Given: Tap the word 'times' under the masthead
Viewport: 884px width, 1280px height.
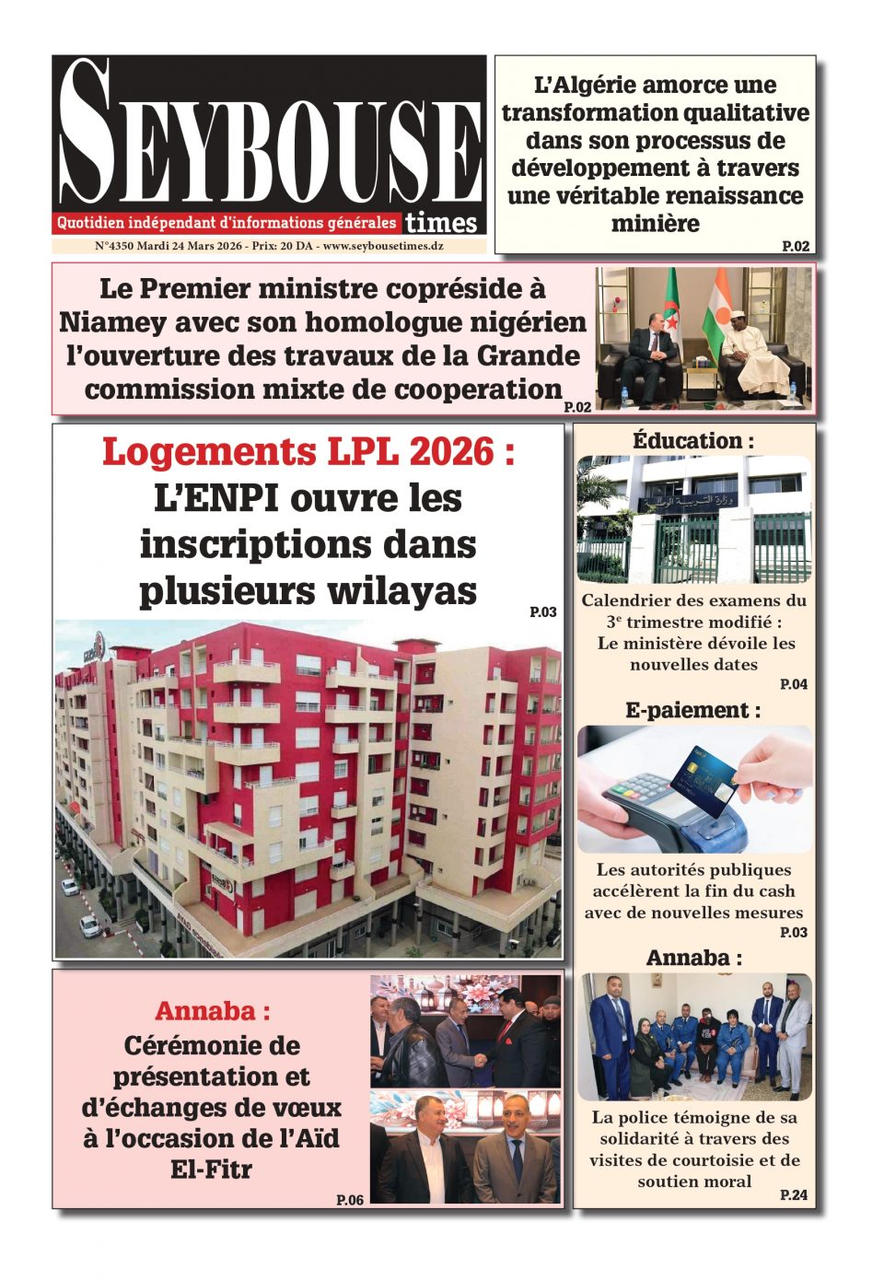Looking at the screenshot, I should pos(441,223).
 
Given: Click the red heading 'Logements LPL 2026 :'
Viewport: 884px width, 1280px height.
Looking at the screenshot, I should pos(308,452).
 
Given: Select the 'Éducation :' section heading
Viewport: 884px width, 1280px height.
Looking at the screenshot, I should pos(693,441).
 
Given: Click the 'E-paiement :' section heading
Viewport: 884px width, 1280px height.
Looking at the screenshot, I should pos(693,710).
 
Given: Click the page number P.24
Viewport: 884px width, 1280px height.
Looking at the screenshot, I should pos(793,1194).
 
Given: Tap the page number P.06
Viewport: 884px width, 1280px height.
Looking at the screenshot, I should pos(350,1199).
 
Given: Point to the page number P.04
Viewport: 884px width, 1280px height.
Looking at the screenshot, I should pos(793,684).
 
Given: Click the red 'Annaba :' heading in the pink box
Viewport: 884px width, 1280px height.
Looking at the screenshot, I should pos(213,1010).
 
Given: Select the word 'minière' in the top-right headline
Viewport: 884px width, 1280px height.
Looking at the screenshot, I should pos(655,224).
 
